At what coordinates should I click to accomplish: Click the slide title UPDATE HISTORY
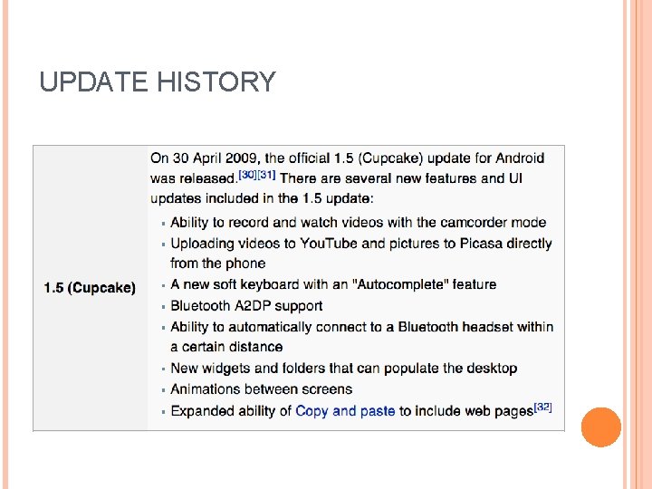(x=157, y=82)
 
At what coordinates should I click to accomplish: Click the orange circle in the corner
(x=600, y=427)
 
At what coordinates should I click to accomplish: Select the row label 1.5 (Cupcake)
(x=90, y=288)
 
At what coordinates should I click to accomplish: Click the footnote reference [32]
(x=542, y=407)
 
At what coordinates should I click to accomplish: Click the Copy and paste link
(x=345, y=411)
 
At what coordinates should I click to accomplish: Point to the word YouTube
(x=329, y=243)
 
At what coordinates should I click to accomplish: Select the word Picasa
(x=461, y=243)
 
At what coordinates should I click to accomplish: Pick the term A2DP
(x=254, y=306)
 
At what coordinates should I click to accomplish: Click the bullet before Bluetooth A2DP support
(x=162, y=307)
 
